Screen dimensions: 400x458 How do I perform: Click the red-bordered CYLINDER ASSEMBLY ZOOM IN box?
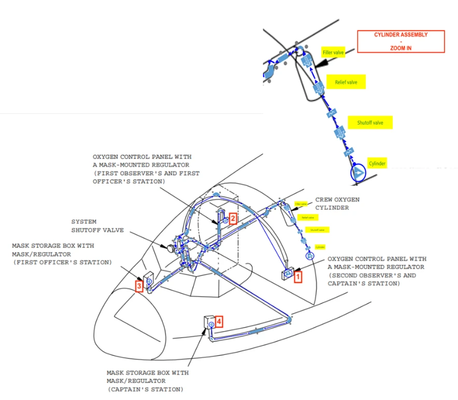(x=401, y=41)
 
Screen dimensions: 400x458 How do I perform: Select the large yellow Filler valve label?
(x=333, y=53)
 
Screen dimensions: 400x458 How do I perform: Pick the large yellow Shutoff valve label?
(x=370, y=123)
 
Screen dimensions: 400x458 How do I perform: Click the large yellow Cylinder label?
(x=377, y=164)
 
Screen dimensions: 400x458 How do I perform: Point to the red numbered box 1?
(x=298, y=277)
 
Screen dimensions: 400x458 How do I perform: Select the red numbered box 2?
(x=233, y=218)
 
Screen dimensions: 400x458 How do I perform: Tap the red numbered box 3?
(x=139, y=286)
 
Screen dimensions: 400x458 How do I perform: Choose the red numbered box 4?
(x=219, y=321)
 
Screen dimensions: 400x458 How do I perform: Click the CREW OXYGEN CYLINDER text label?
(x=337, y=203)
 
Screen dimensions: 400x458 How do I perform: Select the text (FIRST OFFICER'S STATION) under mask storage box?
(x=62, y=262)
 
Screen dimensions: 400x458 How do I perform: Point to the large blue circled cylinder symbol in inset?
(x=357, y=173)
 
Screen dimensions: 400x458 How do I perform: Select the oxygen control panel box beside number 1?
(x=287, y=274)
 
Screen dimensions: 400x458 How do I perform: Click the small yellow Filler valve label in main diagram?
(x=301, y=204)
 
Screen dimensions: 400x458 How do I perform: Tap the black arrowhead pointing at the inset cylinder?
(x=321, y=62)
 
